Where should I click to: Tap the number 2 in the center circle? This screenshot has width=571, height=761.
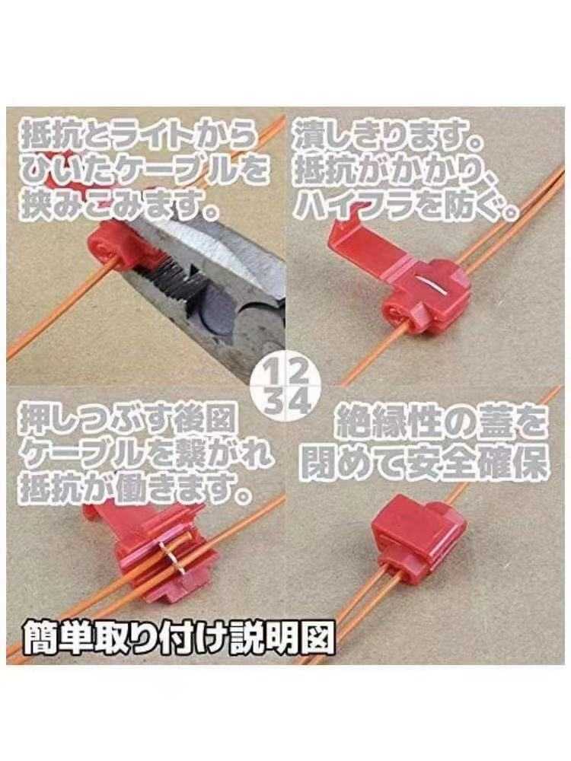pyautogui.click(x=298, y=373)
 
